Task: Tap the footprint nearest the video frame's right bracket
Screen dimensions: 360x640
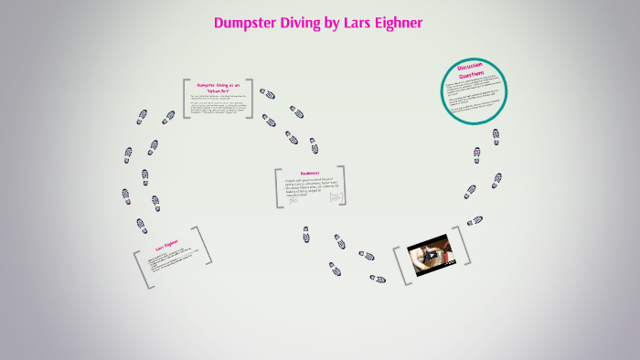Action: tap(475, 220)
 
